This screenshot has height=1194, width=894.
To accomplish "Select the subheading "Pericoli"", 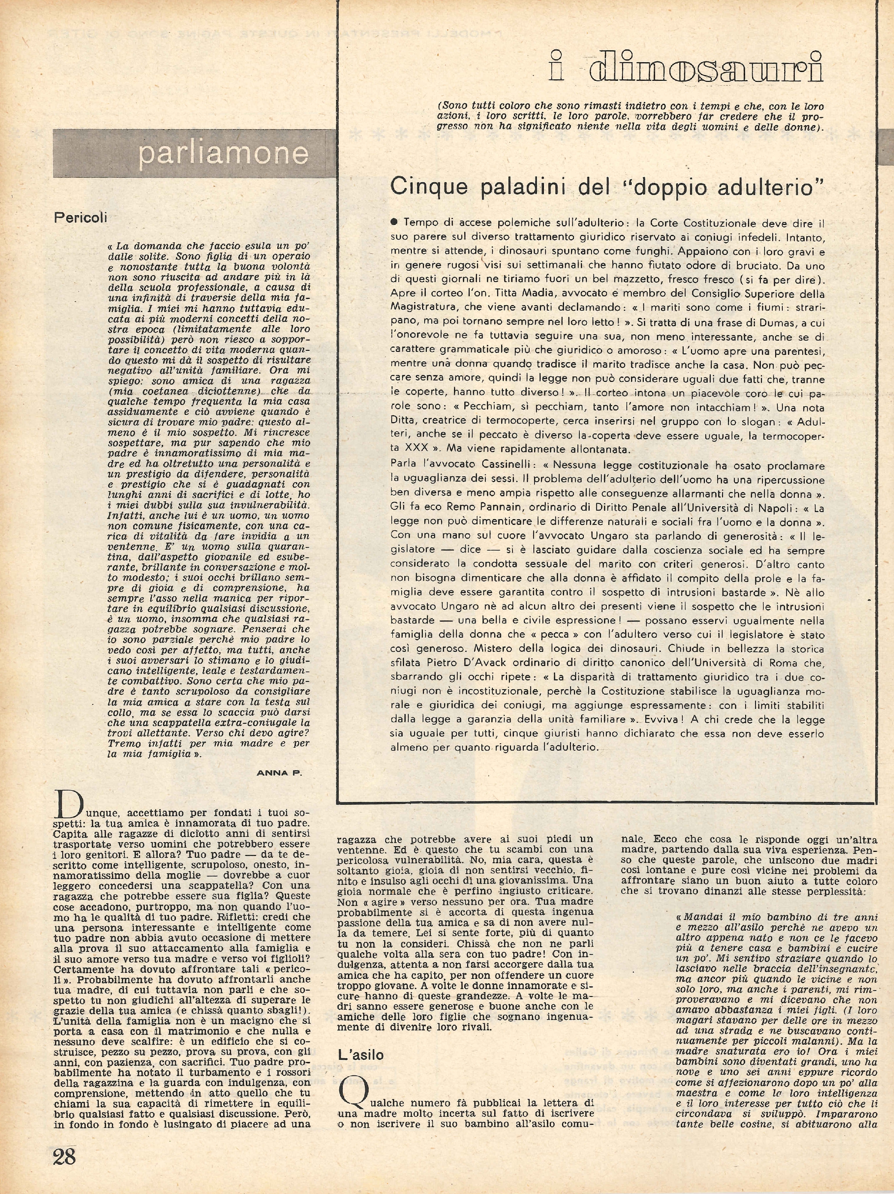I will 80,218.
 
